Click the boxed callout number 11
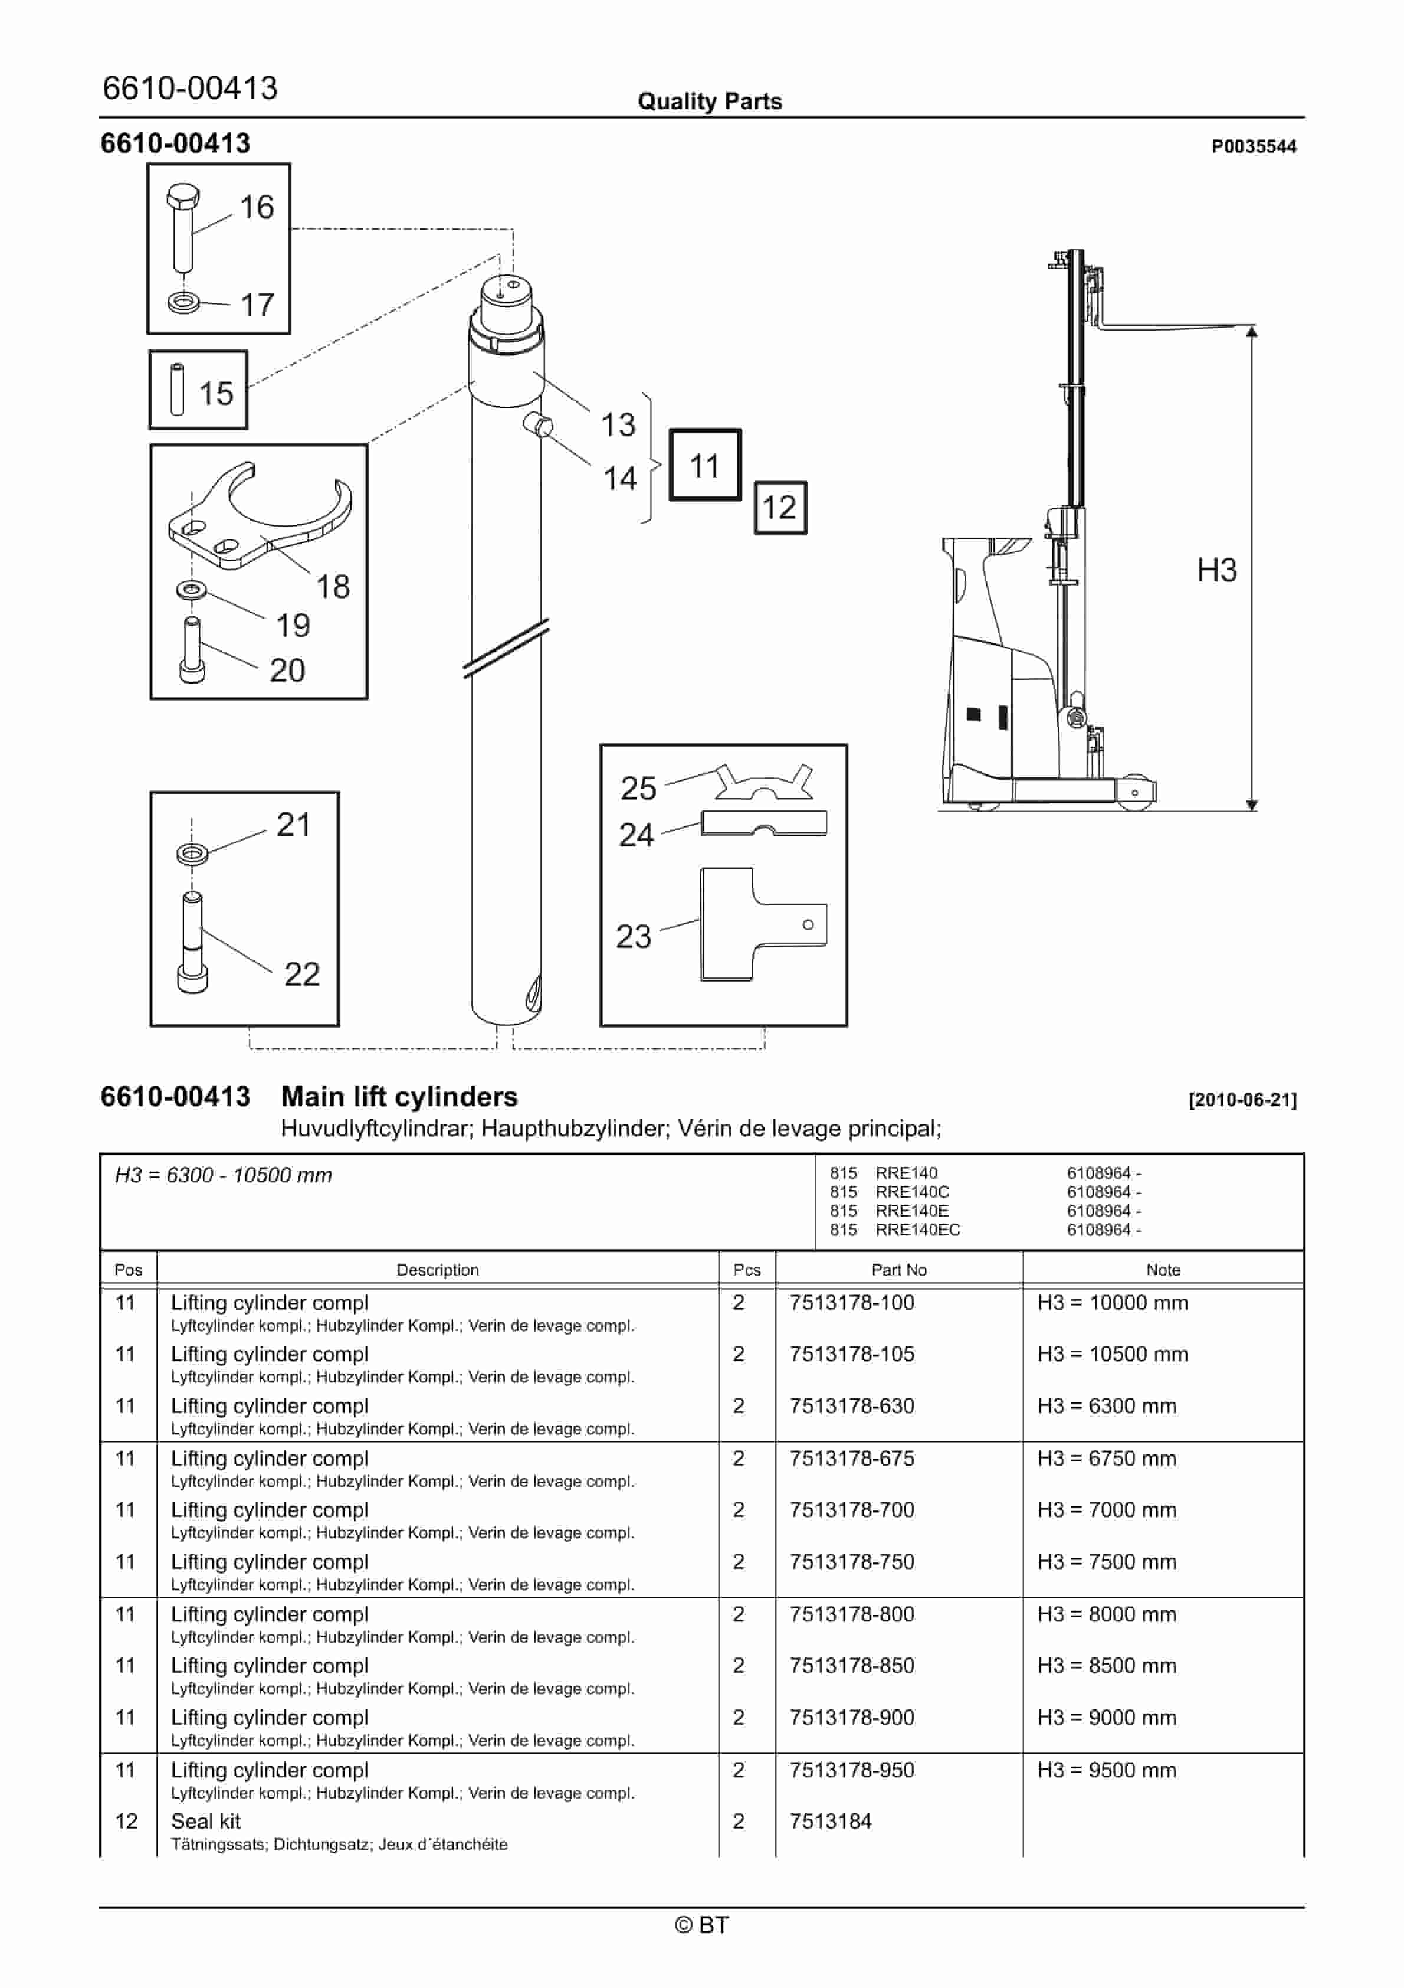point(704,466)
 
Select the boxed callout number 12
point(779,508)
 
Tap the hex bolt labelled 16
point(183,227)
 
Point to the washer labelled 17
point(183,303)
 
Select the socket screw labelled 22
point(192,944)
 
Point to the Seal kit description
point(206,1822)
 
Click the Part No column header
point(898,1270)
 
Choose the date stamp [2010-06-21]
point(1242,1100)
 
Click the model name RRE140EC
point(917,1230)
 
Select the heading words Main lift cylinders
point(399,1097)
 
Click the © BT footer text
point(701,1925)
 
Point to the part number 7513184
point(830,1822)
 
